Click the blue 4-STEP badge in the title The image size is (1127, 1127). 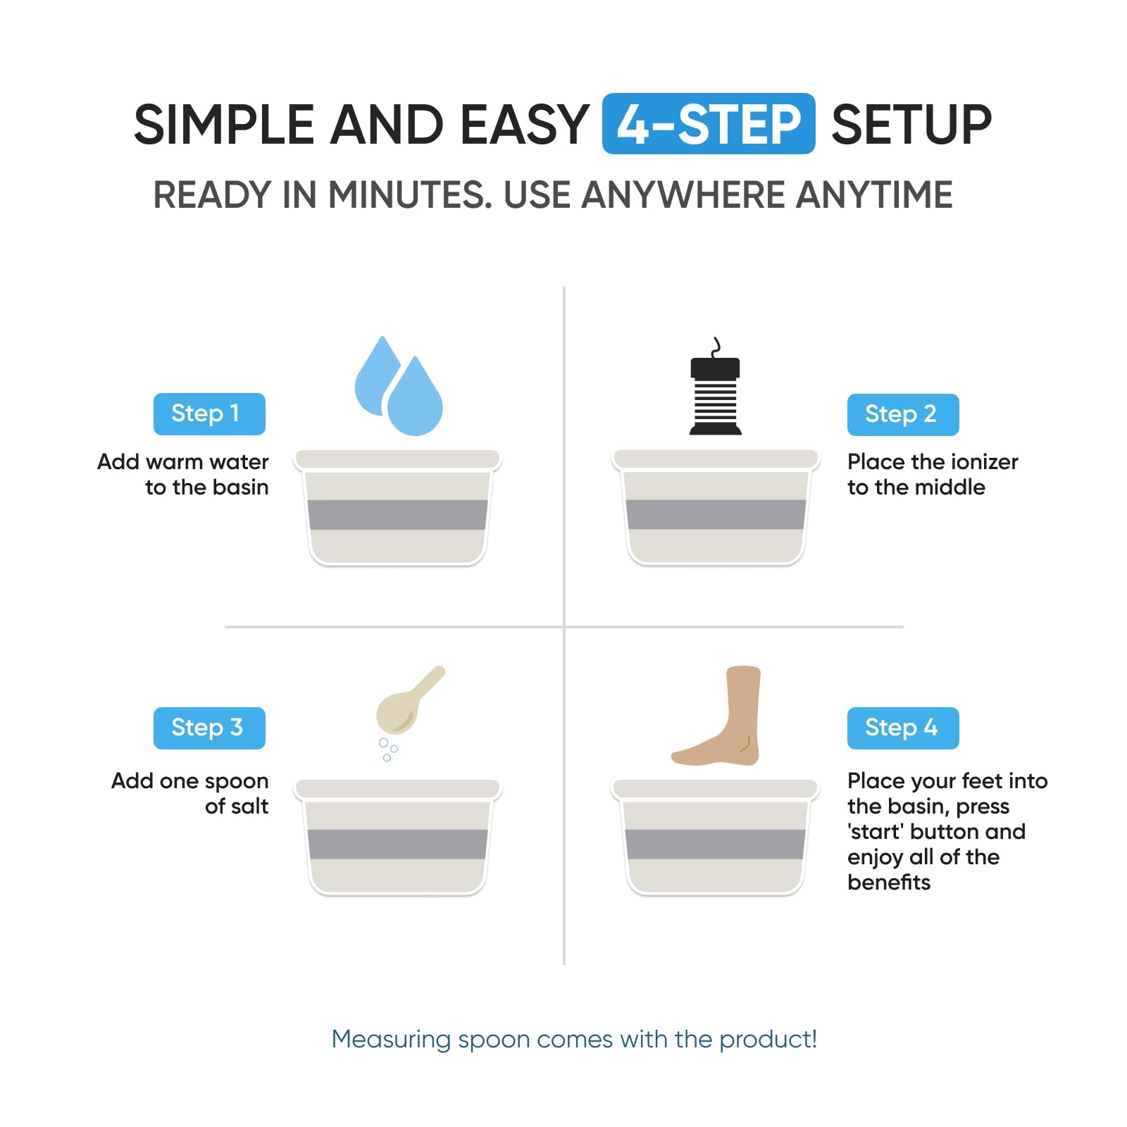click(x=709, y=123)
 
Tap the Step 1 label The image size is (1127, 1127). click(x=209, y=413)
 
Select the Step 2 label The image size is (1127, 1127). click(x=903, y=414)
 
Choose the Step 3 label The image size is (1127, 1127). click(x=209, y=728)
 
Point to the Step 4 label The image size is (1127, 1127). click(x=903, y=728)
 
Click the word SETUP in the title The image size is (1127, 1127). click(x=911, y=125)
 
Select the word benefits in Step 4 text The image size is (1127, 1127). click(x=889, y=882)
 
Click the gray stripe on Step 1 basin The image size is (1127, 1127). click(x=398, y=515)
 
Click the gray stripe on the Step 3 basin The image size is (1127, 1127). click(x=398, y=845)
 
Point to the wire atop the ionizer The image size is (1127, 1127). click(x=716, y=347)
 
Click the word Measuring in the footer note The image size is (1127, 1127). click(x=391, y=1040)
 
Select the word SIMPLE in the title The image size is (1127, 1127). click(x=224, y=125)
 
